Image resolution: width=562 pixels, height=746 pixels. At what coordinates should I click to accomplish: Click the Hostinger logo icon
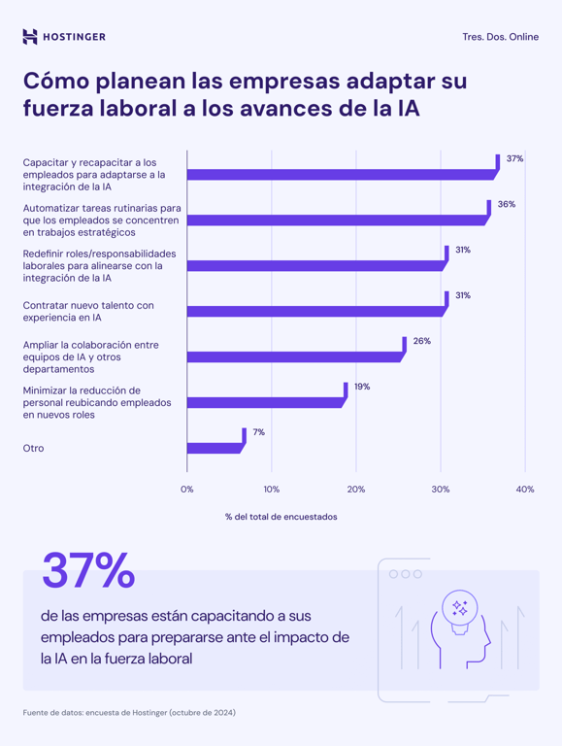(30, 37)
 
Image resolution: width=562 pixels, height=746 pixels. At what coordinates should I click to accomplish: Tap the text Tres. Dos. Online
(501, 37)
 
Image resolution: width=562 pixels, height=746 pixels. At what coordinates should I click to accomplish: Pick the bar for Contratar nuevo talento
(315, 312)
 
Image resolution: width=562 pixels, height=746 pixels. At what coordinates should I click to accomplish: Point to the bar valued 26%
(294, 356)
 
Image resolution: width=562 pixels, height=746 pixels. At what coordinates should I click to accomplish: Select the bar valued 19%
(265, 402)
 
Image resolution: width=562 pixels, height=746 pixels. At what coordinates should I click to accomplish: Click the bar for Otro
(215, 448)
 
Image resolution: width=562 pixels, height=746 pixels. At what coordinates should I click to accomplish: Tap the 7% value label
(258, 432)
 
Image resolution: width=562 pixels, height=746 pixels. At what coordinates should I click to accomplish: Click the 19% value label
(361, 387)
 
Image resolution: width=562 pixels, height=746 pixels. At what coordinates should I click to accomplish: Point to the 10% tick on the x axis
(272, 490)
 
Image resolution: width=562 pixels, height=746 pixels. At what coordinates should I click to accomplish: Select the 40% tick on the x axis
(525, 490)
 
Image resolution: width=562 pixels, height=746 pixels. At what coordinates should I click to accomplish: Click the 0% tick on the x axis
(187, 490)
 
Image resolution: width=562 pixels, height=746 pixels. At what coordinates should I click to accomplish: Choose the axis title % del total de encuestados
(281, 517)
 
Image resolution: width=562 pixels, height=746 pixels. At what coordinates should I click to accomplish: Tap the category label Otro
(33, 448)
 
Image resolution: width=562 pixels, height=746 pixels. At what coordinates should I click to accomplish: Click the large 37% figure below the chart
(88, 571)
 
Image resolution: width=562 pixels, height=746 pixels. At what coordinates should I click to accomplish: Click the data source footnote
(129, 712)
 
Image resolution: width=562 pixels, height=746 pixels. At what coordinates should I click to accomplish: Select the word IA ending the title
(407, 109)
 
